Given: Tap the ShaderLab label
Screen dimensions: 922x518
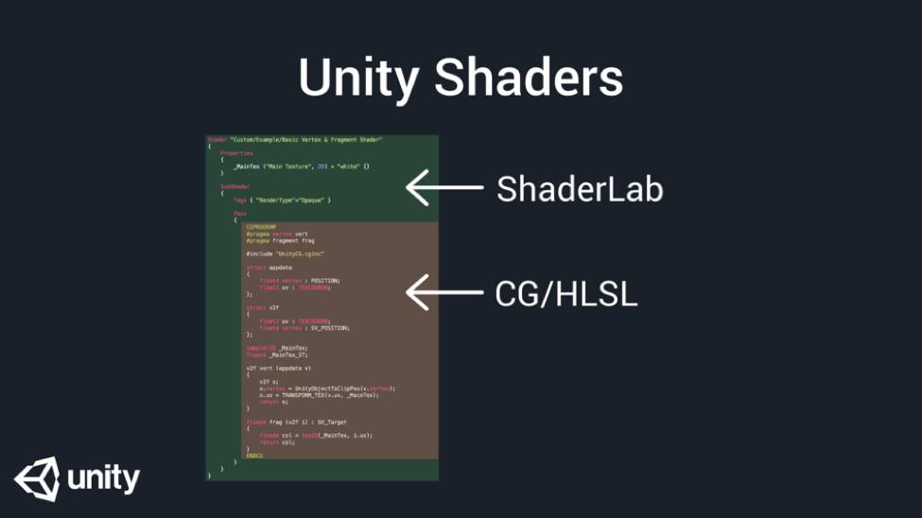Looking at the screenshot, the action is point(580,189).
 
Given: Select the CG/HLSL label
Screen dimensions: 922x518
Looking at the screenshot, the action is point(566,294).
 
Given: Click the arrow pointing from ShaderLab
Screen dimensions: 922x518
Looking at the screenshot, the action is point(444,188).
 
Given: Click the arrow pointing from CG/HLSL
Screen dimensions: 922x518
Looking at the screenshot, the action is point(444,293).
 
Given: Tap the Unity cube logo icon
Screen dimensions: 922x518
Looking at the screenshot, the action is point(36,479).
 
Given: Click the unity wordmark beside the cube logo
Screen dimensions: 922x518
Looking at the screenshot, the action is point(104,479).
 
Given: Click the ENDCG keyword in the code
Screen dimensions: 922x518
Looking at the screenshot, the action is point(253,456).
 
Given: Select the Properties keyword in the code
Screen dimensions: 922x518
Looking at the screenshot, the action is point(236,153).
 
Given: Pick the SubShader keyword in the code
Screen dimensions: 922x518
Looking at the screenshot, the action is point(235,186).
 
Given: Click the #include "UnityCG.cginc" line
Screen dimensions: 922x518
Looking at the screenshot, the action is point(285,253).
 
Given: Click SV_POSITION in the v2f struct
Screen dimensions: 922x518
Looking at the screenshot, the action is point(331,328).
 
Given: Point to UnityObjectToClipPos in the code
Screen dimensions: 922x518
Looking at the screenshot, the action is point(326,388).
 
